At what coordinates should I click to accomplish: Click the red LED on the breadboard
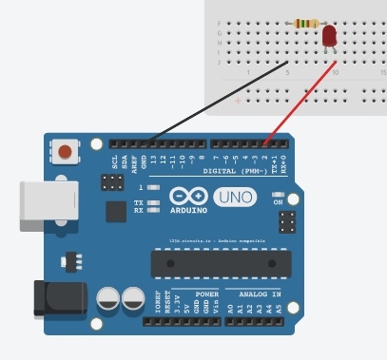point(330,36)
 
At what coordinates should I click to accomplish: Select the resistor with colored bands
point(307,23)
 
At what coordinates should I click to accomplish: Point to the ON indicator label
point(278,201)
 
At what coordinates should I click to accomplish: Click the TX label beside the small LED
point(139,202)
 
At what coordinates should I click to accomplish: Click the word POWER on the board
point(206,294)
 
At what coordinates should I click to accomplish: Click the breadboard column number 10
point(336,72)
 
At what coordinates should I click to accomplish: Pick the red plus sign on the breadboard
point(238,99)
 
